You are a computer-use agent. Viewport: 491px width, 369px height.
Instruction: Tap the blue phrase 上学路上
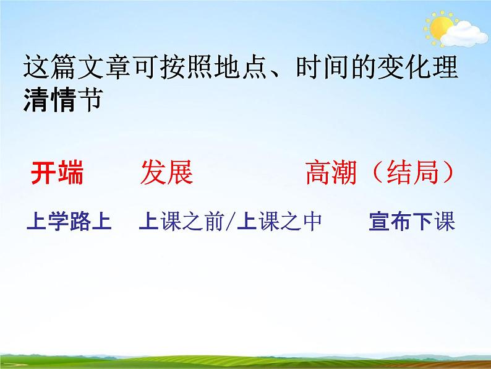(69, 222)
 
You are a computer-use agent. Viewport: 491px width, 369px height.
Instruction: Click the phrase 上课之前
(179, 222)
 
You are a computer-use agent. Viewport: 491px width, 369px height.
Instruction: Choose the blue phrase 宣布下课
(412, 222)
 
